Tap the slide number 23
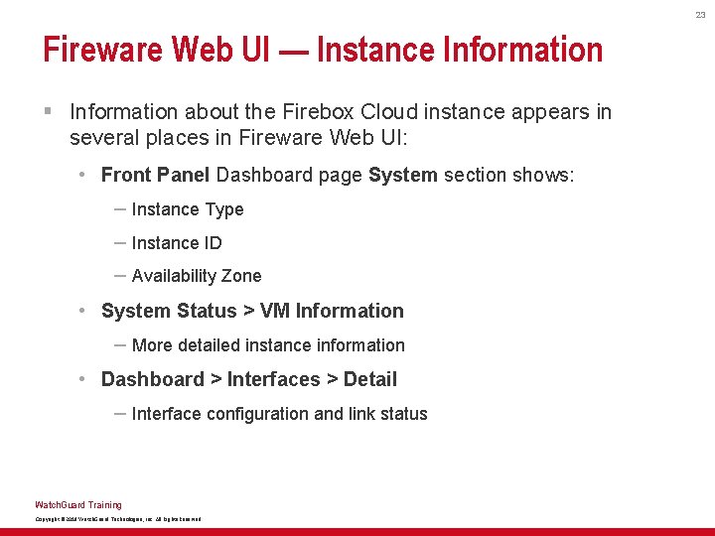pos(700,15)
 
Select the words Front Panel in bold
pos(155,176)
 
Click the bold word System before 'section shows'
pos(402,176)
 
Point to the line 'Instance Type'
pos(187,209)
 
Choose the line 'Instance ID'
pos(176,243)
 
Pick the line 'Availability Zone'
pos(196,276)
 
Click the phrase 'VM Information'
pos(332,311)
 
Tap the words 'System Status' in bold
pos(169,311)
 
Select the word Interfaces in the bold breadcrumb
pos(274,379)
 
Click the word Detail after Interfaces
pos(370,379)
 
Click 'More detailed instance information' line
pos(268,345)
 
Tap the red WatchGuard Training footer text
pos(78,505)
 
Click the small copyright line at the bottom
pos(118,519)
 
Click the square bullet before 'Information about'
pos(48,112)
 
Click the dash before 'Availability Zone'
pos(119,275)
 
